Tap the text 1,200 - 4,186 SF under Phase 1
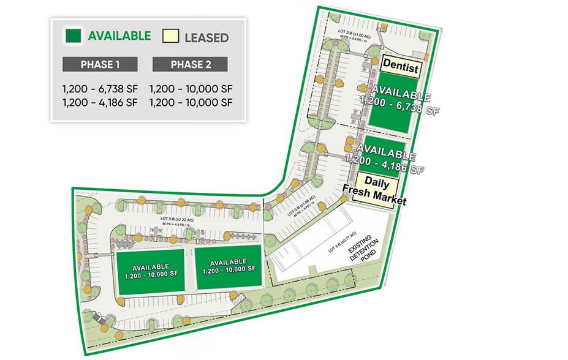point(100,102)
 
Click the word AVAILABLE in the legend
point(119,36)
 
